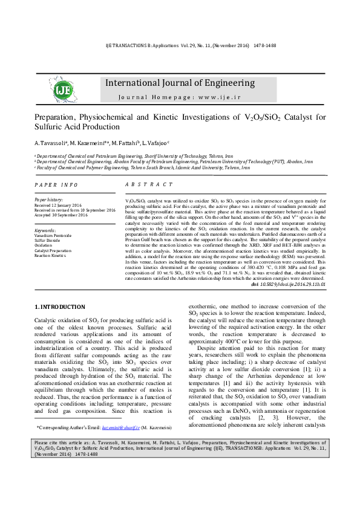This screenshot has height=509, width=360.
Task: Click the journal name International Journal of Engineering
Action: pyautogui.click(x=180, y=83)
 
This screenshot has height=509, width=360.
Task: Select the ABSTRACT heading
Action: pyautogui.click(x=148, y=184)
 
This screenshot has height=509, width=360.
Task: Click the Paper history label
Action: pyautogui.click(x=48, y=199)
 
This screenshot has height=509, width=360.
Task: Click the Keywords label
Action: pyautogui.click(x=45, y=230)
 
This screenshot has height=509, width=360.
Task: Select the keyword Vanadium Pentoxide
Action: pyautogui.click(x=53, y=235)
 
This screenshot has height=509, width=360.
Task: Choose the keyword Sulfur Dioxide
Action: pyautogui.click(x=47, y=240)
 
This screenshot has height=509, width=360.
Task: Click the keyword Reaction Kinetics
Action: pyautogui.click(x=50, y=255)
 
